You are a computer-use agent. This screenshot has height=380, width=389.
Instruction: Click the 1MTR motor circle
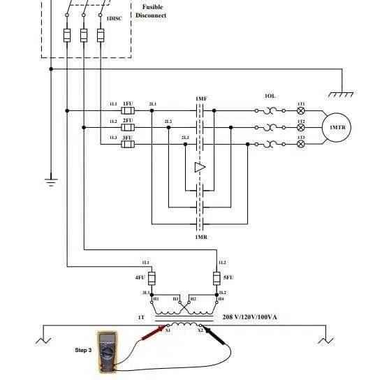tap(337, 127)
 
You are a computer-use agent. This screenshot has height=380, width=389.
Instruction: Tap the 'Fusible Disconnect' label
tap(152, 11)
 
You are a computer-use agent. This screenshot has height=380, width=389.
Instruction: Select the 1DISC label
tap(113, 19)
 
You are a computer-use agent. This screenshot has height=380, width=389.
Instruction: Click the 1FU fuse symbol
tap(128, 110)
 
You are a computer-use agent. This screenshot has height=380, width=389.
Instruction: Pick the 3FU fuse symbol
tap(128, 145)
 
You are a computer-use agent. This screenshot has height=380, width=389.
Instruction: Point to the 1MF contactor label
tap(201, 100)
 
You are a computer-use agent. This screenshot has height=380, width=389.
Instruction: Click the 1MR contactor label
tap(201, 237)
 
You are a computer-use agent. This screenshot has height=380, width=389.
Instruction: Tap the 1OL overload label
tap(270, 96)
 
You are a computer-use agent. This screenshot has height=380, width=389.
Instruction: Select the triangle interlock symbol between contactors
tap(200, 168)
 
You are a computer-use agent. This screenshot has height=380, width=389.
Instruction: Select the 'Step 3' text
tap(83, 349)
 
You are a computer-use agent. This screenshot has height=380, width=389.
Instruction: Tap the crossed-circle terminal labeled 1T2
tap(301, 127)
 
